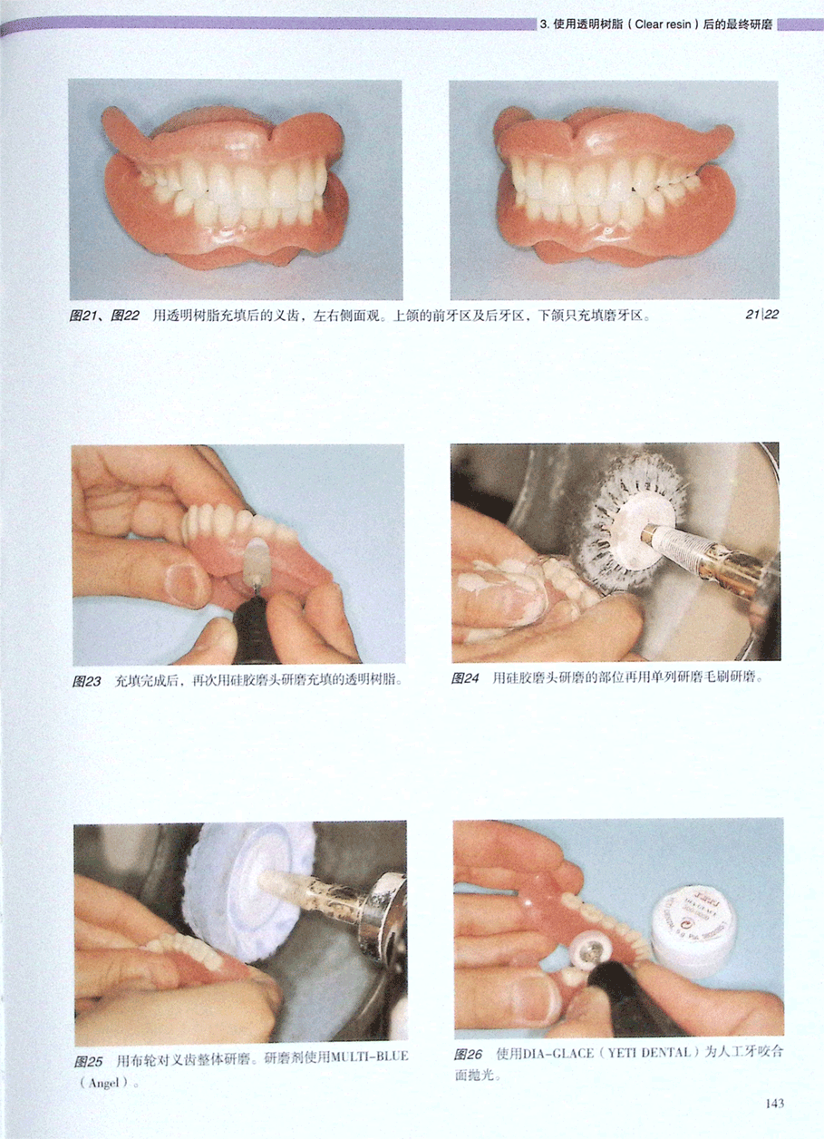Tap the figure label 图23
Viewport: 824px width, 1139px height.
coord(86,680)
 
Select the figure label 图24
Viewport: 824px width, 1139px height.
coord(465,677)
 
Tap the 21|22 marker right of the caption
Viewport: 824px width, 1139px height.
coord(761,315)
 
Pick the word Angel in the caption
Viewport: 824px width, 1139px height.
coord(103,1068)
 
